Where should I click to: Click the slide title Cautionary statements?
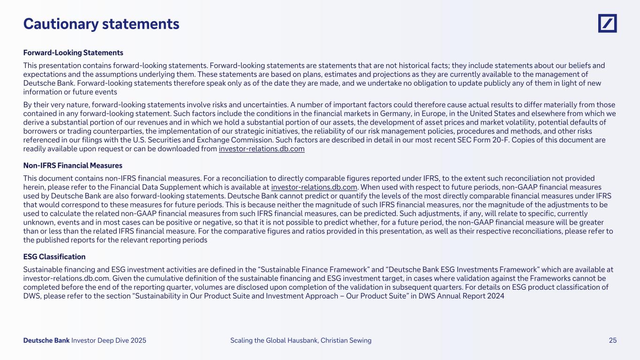coord(101,24)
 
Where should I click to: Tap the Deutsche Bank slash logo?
coord(607,23)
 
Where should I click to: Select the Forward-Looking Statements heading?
coord(73,52)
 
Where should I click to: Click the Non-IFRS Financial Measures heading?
coord(73,165)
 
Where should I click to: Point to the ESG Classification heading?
coord(54,257)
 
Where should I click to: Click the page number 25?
coord(612,341)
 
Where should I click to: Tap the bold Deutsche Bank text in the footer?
coord(46,341)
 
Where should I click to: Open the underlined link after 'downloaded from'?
coord(262,149)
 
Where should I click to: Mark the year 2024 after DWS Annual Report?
coord(495,296)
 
